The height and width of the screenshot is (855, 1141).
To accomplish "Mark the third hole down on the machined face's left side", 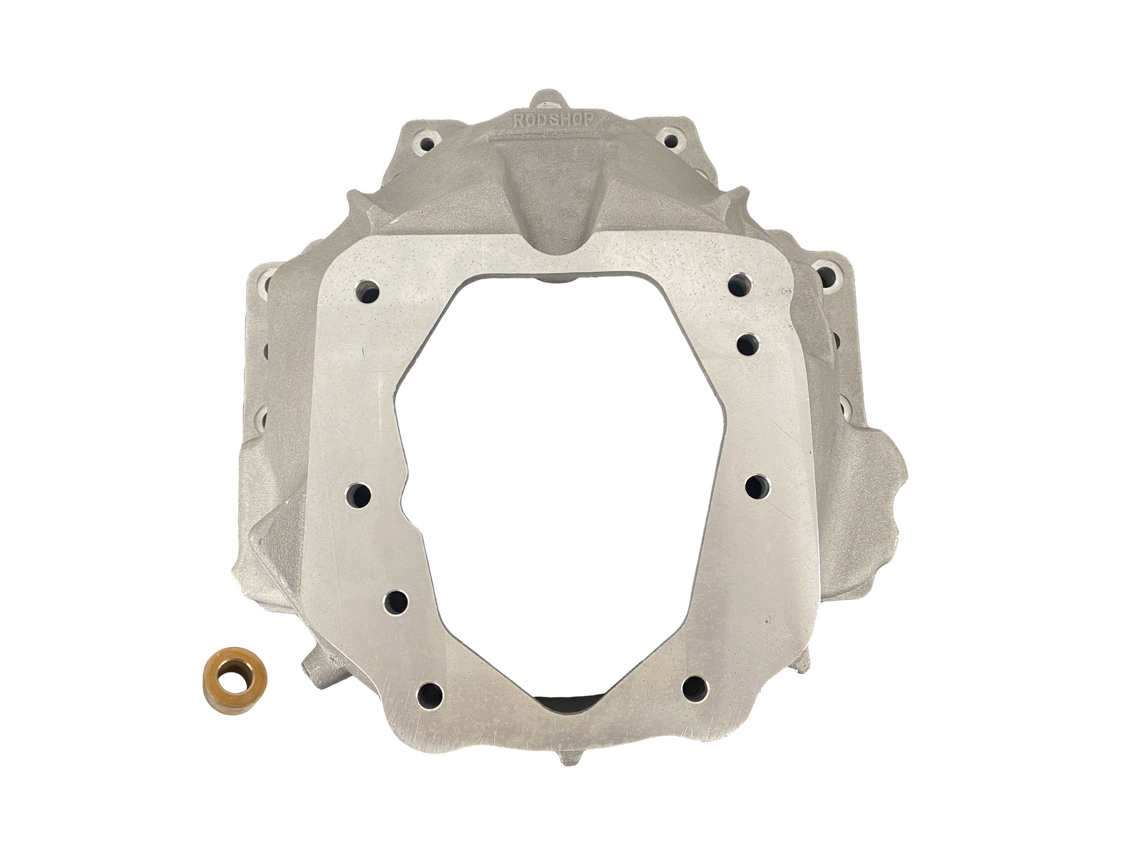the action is [x=398, y=601].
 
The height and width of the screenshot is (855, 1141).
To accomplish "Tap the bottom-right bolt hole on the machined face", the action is [x=696, y=689].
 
